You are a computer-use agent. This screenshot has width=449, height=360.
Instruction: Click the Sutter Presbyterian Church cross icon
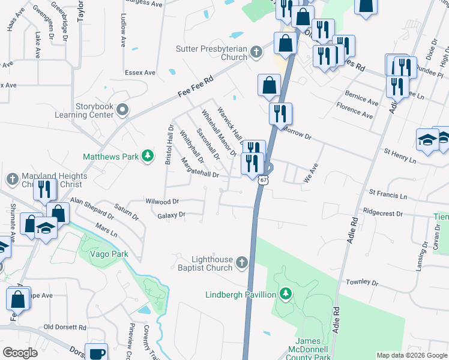[x=256, y=52]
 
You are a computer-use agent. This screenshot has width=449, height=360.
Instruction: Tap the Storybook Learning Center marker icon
[x=123, y=109]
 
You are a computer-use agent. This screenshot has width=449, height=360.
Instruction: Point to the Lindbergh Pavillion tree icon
[x=286, y=294]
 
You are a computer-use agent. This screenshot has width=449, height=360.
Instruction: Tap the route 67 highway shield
[x=263, y=179]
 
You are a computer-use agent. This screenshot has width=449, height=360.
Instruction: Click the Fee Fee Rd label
[x=196, y=86]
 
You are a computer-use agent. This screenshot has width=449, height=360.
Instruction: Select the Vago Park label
[x=109, y=254]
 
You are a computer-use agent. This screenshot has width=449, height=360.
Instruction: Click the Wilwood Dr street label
[x=163, y=202]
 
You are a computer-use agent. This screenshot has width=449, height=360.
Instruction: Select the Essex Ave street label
[x=140, y=73]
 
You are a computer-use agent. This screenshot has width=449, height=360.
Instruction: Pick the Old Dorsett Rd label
[x=65, y=328]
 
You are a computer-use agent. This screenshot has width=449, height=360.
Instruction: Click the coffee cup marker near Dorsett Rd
[x=96, y=353]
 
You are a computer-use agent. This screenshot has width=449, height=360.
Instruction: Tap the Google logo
[x=20, y=353]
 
